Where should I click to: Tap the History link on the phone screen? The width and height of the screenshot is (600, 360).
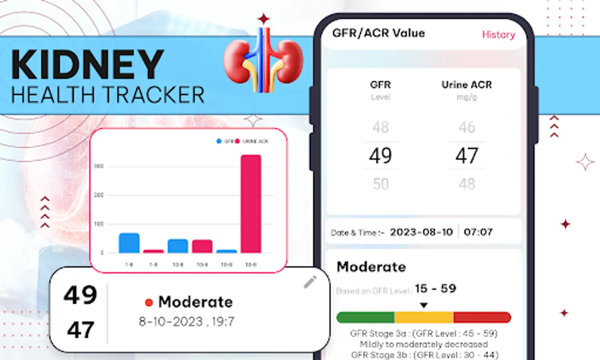coord(498,35)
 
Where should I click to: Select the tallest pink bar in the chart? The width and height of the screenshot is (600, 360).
coord(251,204)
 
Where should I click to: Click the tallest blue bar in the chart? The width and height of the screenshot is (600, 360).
coord(129,243)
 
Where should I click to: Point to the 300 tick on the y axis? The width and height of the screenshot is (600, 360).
coord(98,166)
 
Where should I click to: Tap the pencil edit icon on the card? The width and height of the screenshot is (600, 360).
coord(310,282)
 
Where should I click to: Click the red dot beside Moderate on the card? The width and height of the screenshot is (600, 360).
coord(149,303)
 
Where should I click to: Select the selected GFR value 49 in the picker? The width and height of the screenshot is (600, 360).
coord(380,156)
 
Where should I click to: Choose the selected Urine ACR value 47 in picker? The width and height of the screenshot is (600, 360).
coord(466,156)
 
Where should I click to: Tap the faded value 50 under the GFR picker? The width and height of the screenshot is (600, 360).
coord(380,184)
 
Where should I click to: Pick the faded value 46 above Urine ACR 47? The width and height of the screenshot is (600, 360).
coord(466,127)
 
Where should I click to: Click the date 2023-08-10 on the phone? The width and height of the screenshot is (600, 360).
coord(421,232)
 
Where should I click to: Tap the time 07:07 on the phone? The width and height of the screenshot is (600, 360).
coord(478,232)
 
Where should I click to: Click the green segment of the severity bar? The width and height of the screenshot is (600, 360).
coord(365,318)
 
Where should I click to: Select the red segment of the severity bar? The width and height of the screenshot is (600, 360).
coord(482,318)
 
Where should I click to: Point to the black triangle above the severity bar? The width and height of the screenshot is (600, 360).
coord(424,305)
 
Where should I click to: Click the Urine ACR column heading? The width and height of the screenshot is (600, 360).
coord(466,85)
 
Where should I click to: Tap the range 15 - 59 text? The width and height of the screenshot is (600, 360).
coord(435,288)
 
